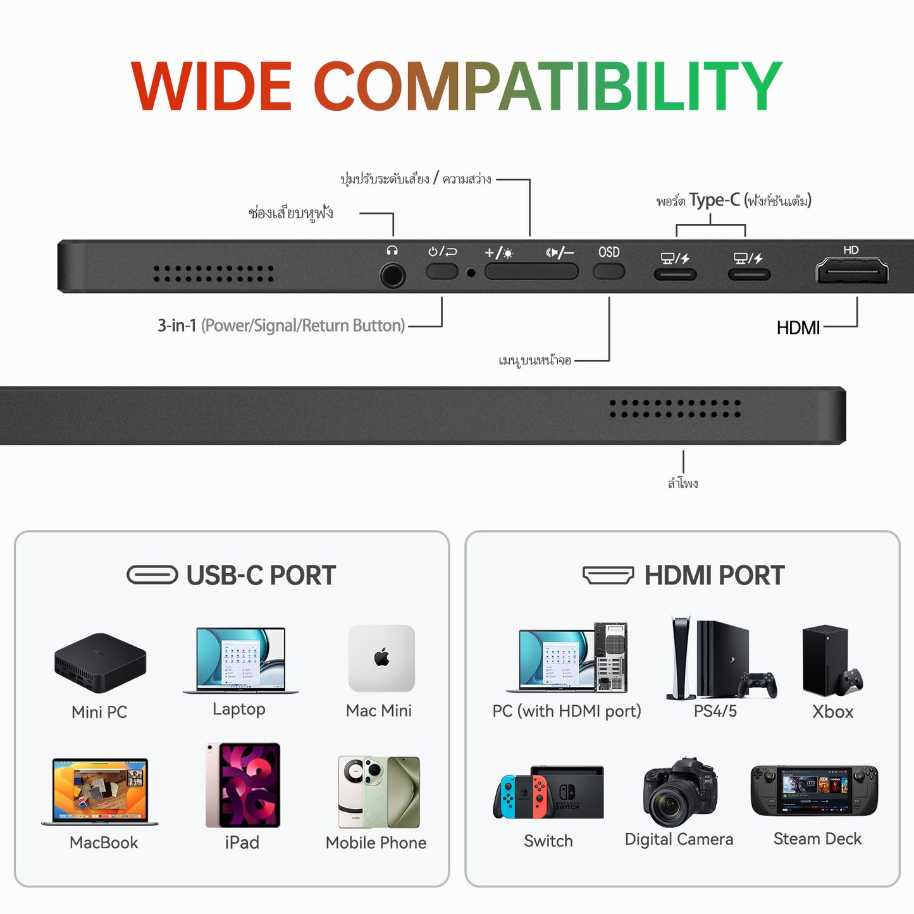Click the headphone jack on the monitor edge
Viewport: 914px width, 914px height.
point(393,276)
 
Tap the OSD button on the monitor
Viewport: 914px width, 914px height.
point(608,272)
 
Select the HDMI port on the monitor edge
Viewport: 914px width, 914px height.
point(852,271)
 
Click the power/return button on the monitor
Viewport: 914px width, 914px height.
point(442,272)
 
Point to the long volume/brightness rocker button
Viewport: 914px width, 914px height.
point(531,272)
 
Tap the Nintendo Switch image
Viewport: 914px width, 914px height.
point(548,793)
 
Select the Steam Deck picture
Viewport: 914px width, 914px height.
point(814,791)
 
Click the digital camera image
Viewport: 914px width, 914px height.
point(679,793)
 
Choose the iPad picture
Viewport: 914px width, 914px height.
point(243,785)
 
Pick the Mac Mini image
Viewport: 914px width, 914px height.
point(381,658)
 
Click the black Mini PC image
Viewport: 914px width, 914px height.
point(100,663)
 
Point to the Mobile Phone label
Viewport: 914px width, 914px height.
point(376,843)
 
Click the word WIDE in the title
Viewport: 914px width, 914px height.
point(211,87)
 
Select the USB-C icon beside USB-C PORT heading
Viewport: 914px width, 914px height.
point(152,575)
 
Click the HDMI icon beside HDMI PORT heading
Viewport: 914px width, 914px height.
point(608,575)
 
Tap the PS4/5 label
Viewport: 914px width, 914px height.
point(715,712)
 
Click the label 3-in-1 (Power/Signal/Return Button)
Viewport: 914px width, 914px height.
point(281,326)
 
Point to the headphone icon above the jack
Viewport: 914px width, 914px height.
point(392,251)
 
